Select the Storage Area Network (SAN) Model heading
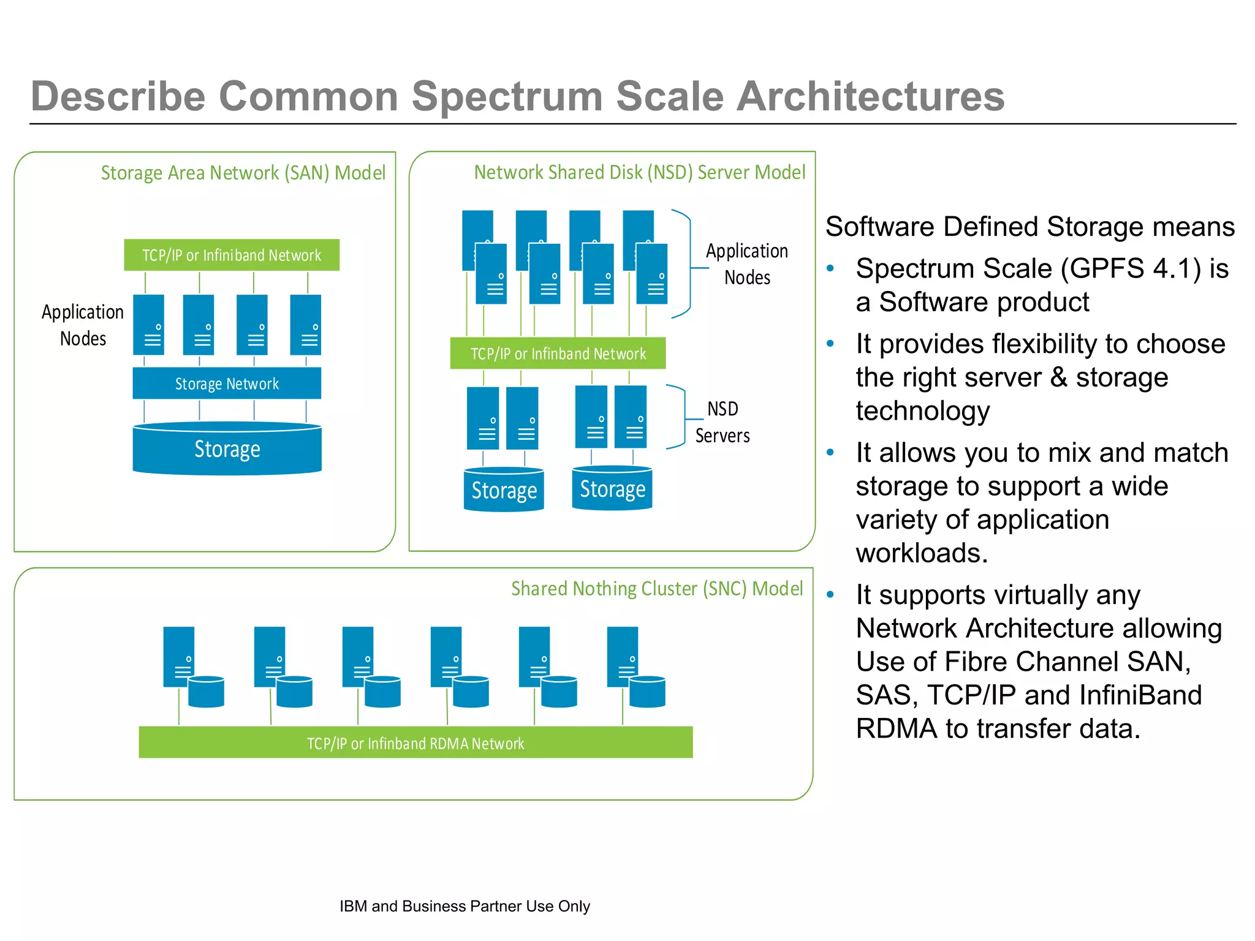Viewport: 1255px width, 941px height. [x=243, y=173]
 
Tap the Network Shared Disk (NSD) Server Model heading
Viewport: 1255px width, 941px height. [x=639, y=173]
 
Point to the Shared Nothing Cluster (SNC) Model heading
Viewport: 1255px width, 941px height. [x=656, y=589]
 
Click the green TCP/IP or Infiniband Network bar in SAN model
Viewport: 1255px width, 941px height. [x=232, y=255]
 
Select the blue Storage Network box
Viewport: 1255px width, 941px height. [x=227, y=384]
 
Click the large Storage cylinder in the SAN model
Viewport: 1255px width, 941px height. [x=227, y=449]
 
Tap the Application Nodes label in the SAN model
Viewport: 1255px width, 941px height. [x=83, y=325]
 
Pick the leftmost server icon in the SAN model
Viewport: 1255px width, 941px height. [x=149, y=325]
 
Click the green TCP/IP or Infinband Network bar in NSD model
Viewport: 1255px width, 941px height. [x=558, y=353]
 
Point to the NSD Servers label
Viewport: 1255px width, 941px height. [x=722, y=422]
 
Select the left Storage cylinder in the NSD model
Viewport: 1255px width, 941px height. [x=504, y=490]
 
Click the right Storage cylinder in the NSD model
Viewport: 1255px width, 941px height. [x=612, y=489]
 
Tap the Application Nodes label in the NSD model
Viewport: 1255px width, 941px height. [x=746, y=264]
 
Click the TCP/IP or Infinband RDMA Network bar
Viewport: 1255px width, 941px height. [x=415, y=743]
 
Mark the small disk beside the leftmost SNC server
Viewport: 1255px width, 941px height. [x=206, y=692]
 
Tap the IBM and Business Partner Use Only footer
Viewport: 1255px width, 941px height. [x=464, y=906]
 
